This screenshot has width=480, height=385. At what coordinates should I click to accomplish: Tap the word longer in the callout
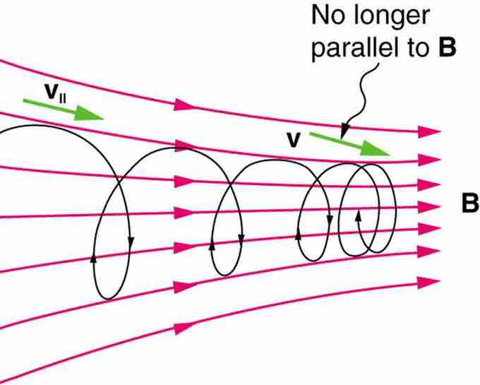coord(392,18)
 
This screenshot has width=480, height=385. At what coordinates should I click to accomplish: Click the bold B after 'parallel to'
coord(447,47)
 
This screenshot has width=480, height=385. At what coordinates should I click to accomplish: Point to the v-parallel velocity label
coord(55,93)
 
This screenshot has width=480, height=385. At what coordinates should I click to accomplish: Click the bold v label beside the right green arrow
coord(293,141)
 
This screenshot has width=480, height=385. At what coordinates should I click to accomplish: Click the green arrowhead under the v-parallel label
coord(89,113)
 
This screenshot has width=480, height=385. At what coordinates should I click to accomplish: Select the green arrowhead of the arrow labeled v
coord(374,148)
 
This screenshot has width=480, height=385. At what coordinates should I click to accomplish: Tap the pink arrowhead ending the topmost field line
coord(429,131)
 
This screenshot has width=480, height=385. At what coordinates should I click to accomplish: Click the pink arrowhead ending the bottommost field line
coord(428,282)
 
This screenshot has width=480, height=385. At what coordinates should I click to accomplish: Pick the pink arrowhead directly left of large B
coord(429,207)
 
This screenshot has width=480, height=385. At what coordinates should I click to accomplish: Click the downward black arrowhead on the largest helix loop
coord(131,242)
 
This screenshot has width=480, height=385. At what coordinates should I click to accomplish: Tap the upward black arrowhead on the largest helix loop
coord(94,259)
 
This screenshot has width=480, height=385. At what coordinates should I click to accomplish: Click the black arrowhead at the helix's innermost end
coord(358,215)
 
